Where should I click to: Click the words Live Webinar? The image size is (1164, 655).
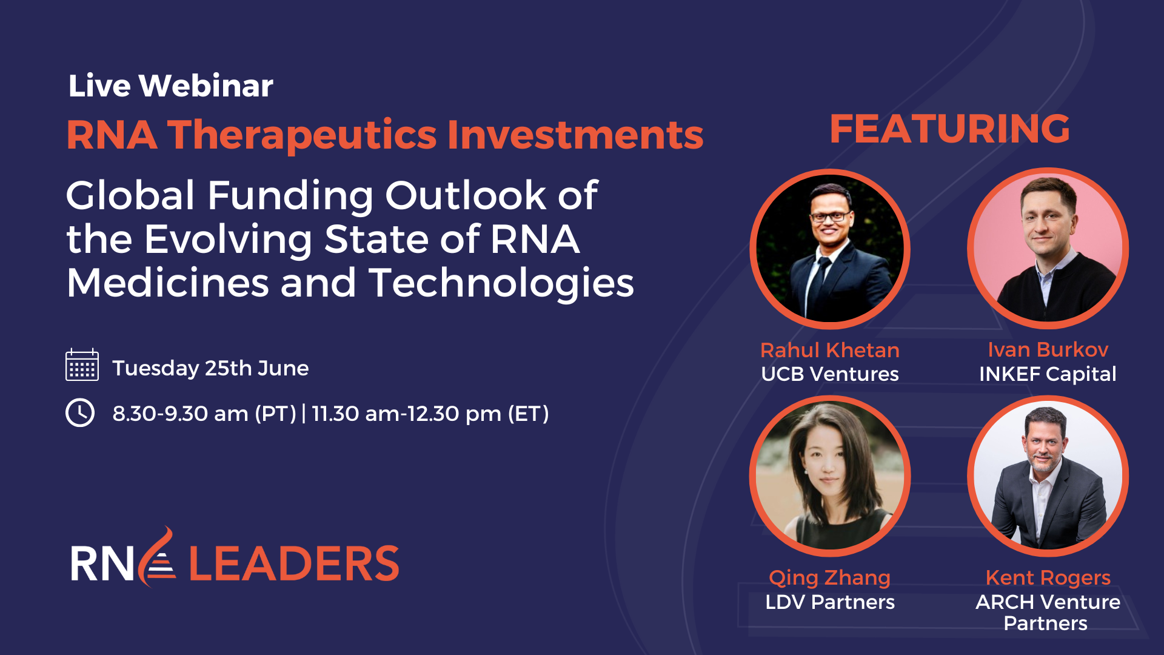pyautogui.click(x=170, y=86)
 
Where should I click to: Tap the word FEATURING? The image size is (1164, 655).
pyautogui.click(x=949, y=129)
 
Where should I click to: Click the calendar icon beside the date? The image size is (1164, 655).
pyautogui.click(x=82, y=365)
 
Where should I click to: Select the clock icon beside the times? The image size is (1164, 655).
pyautogui.click(x=80, y=413)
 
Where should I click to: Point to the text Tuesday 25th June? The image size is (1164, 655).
pyautogui.click(x=210, y=368)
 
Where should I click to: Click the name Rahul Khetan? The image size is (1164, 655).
pyautogui.click(x=829, y=350)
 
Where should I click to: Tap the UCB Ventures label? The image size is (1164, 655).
pyautogui.click(x=829, y=374)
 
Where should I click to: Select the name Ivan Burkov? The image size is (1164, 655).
pyautogui.click(x=1048, y=349)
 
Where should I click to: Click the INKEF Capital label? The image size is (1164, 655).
pyautogui.click(x=1048, y=374)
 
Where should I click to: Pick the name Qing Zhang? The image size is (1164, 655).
pyautogui.click(x=829, y=577)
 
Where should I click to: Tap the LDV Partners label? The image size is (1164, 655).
pyautogui.click(x=829, y=602)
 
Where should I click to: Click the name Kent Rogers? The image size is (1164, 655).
pyautogui.click(x=1048, y=577)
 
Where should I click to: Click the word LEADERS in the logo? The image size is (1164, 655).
pyautogui.click(x=294, y=563)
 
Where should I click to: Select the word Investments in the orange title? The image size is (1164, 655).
pyautogui.click(x=575, y=135)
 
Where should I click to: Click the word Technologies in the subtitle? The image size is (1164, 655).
pyautogui.click(x=501, y=283)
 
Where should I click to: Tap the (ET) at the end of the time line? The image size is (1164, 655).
pyautogui.click(x=528, y=414)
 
